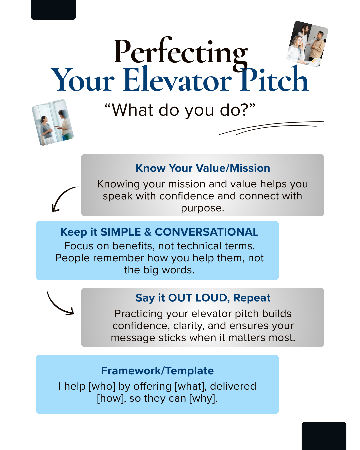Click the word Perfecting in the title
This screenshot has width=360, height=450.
pyautogui.click(x=180, y=52)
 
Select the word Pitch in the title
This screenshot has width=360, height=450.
pyautogui.click(x=274, y=80)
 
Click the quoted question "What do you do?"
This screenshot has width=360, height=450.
pyautogui.click(x=180, y=110)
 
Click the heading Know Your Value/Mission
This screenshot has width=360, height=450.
pyautogui.click(x=203, y=168)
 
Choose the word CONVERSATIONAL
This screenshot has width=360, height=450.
pyautogui.click(x=207, y=232)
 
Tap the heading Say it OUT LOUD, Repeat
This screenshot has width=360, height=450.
pyautogui.click(x=203, y=298)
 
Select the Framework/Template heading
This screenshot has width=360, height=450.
pyautogui.click(x=157, y=371)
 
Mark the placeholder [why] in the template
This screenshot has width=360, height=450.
pyautogui.click(x=203, y=398)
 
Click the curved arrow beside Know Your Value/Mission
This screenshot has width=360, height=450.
pyautogui.click(x=63, y=198)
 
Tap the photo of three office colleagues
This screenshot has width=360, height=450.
pyautogui.click(x=307, y=44)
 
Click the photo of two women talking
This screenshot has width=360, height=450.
pyautogui.click(x=53, y=122)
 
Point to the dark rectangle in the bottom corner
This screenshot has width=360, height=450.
pyautogui.click(x=324, y=436)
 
